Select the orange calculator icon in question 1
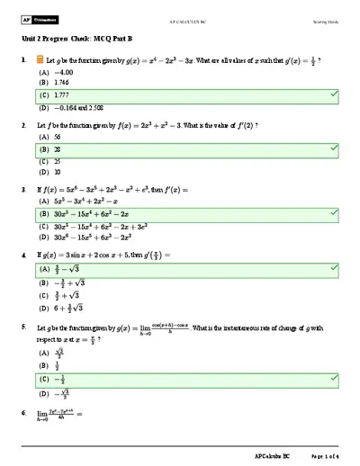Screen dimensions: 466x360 [x=39, y=59]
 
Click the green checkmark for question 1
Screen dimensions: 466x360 [x=334, y=94]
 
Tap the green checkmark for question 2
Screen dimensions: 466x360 [x=334, y=149]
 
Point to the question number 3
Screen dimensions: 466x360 [x=24, y=190]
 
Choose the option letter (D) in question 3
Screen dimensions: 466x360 [x=43, y=238]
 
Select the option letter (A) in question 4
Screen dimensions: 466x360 [x=43, y=269]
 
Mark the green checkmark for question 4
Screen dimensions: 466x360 [x=334, y=269]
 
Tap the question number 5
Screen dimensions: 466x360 [x=24, y=330]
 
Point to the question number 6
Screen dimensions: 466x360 [x=24, y=413]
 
